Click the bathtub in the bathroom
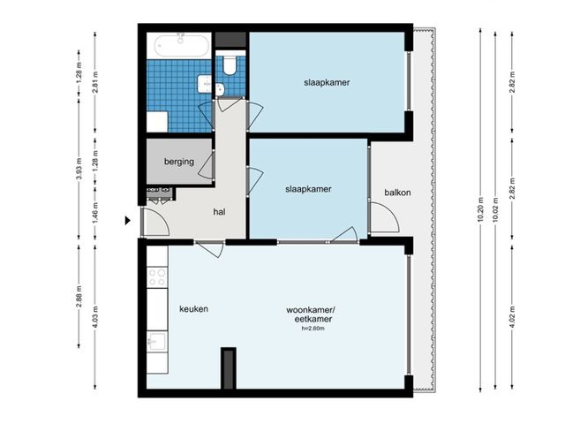pyautogui.click(x=179, y=45)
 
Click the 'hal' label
pyautogui.click(x=221, y=212)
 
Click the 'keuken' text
pyautogui.click(x=193, y=310)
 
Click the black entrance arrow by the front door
pyautogui.click(x=129, y=221)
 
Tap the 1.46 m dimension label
pyautogui.click(x=95, y=213)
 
